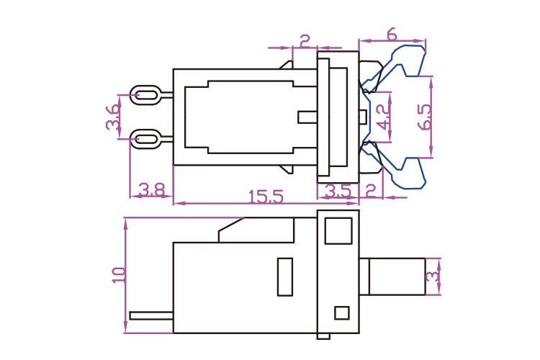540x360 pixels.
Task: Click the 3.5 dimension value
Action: pos(338,191)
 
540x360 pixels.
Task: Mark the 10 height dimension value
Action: pos(120,274)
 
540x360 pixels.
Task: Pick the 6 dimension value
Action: pos(392,34)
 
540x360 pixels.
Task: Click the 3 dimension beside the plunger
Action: pos(432,277)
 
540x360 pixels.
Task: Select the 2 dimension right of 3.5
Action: pos(371,191)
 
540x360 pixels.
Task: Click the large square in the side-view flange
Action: pos(338,231)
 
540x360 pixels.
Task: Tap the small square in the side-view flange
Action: pos(342,312)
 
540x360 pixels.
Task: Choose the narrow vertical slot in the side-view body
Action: pos(285,276)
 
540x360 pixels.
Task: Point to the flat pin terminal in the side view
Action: pos(151,315)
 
